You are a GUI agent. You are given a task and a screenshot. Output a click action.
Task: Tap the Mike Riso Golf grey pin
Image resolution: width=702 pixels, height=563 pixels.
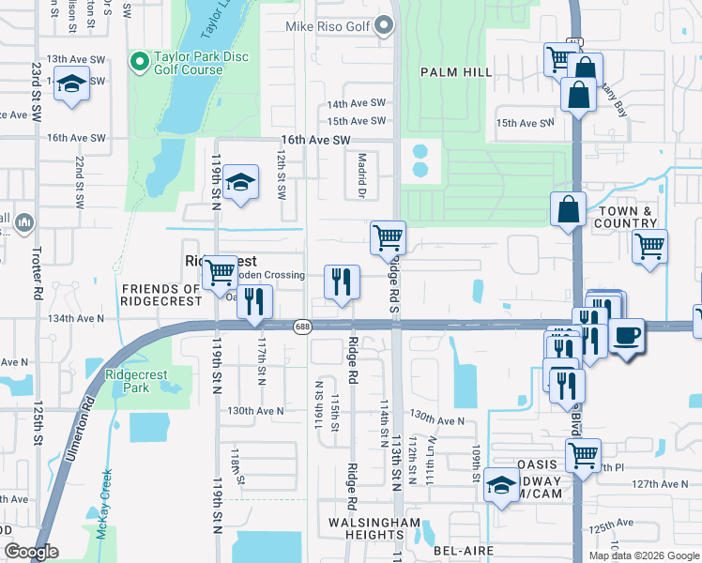[385, 27]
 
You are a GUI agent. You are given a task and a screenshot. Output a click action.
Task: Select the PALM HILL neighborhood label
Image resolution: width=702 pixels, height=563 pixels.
[456, 71]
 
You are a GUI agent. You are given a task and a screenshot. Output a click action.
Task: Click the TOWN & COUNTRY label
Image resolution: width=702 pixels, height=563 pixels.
[625, 217]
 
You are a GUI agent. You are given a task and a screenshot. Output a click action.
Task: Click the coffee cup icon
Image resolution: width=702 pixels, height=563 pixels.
[628, 334]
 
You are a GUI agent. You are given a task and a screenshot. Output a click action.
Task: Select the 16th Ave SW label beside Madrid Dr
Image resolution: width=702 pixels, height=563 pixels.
[315, 140]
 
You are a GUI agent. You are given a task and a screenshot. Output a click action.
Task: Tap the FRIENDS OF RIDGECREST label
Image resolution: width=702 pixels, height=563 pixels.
[160, 295]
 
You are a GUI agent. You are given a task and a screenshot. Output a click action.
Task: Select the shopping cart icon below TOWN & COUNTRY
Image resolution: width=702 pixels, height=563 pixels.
[649, 248]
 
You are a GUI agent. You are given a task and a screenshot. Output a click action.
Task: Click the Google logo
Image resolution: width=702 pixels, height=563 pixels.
[31, 552]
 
